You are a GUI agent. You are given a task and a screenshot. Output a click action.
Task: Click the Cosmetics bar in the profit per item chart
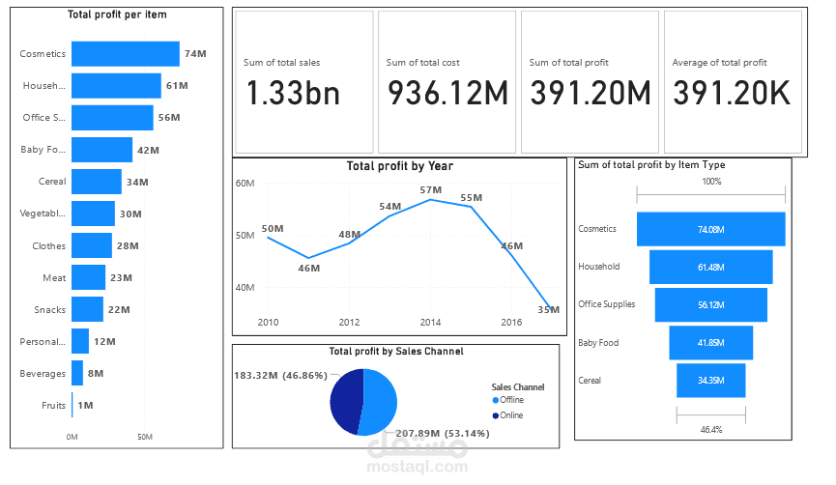(125, 54)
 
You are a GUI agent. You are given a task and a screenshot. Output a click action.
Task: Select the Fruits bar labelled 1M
(72, 406)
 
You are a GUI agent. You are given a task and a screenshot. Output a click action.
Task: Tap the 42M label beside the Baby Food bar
(148, 150)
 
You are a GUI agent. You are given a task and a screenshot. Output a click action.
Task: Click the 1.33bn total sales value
(292, 93)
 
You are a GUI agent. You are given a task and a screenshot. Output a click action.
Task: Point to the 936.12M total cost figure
(447, 93)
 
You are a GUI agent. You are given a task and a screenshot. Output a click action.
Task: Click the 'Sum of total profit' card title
(569, 63)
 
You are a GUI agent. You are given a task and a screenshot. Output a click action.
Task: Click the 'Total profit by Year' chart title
(399, 166)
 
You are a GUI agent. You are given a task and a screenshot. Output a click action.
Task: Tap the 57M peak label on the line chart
(430, 189)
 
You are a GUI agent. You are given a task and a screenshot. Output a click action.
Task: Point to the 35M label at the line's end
(548, 309)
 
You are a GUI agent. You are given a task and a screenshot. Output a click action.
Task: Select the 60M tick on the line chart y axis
(245, 183)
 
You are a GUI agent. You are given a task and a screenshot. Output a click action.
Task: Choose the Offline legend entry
(511, 400)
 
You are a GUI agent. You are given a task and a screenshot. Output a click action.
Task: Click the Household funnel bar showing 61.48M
(710, 267)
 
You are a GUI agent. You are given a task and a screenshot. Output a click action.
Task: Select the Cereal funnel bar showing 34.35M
(710, 381)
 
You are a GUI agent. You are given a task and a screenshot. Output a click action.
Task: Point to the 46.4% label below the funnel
(710, 428)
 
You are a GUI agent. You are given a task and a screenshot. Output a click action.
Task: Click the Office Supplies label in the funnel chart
(606, 304)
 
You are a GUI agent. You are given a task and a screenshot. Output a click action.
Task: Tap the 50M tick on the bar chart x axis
(144, 438)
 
